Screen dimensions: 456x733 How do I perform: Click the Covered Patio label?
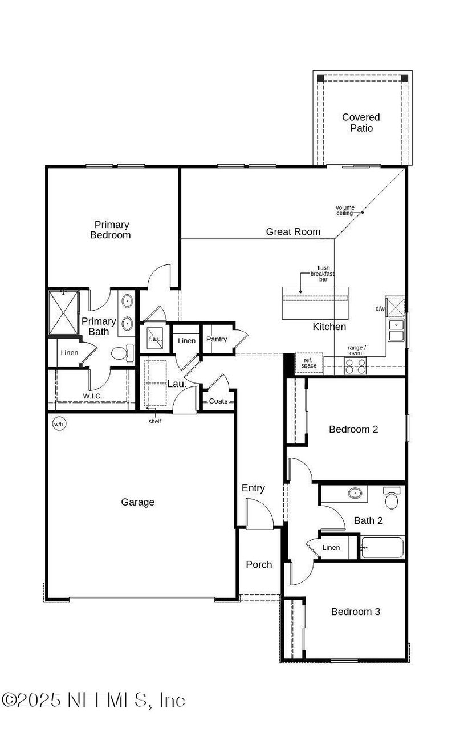(361, 123)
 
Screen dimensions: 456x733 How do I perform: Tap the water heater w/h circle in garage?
(59, 424)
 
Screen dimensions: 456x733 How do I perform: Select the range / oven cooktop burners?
(355, 365)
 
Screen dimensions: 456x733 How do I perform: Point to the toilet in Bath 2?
(392, 498)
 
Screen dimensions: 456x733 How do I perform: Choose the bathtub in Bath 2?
(382, 547)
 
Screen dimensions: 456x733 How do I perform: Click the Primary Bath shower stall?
(64, 312)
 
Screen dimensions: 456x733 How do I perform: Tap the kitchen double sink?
(396, 330)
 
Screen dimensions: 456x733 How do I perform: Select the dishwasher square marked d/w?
(395, 308)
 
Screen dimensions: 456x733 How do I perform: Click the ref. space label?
(309, 363)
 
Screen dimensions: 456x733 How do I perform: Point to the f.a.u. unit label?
(156, 339)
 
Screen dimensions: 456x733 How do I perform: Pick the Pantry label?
(217, 339)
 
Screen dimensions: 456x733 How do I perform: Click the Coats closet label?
(218, 401)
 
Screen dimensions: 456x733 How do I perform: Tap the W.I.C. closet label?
(93, 396)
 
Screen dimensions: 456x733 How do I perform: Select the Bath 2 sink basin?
(355, 493)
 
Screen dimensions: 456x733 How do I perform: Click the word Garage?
(137, 502)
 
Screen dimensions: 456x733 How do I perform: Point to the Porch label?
(259, 564)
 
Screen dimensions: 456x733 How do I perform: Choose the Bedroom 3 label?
(356, 612)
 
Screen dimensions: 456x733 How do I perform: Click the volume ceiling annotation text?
(345, 210)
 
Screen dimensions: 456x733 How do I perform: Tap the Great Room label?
(293, 231)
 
